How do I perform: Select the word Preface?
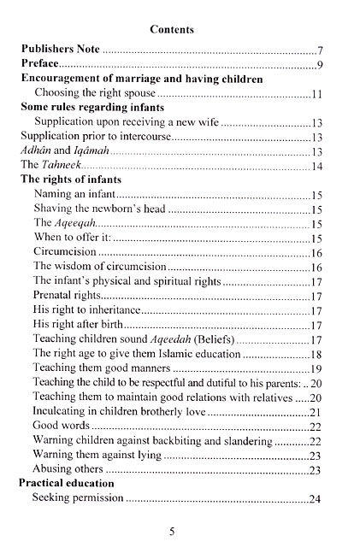[x=39, y=65]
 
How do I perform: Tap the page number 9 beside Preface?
[x=318, y=66]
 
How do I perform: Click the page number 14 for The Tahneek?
[x=316, y=166]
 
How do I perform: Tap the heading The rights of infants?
[x=70, y=179]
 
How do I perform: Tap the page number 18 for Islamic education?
[x=315, y=354]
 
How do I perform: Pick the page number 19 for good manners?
[x=315, y=368]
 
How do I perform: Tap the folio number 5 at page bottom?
[x=172, y=531]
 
